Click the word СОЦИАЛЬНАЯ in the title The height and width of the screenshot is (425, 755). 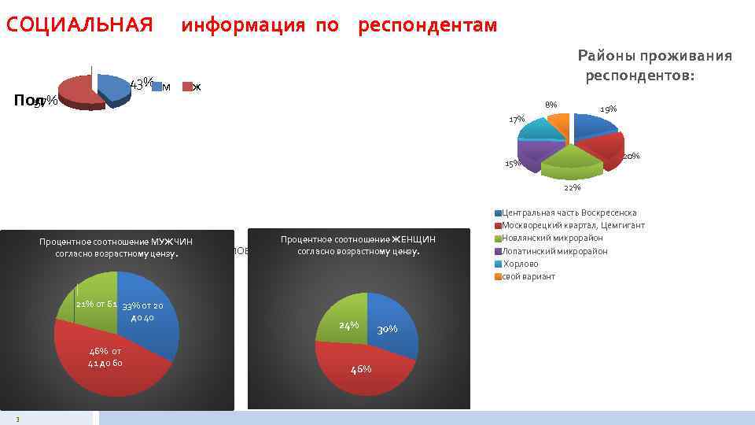coord(79,25)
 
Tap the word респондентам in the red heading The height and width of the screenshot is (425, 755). coord(427,25)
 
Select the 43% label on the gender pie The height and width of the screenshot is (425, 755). coord(141,83)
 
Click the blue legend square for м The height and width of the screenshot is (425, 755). coord(156,87)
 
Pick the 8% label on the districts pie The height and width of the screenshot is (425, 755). coord(551,105)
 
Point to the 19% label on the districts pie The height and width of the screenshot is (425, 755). coord(608,109)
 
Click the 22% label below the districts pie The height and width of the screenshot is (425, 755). coord(573,187)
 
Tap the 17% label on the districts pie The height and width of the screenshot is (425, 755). coord(517,120)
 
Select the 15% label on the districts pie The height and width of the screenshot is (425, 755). coord(512,164)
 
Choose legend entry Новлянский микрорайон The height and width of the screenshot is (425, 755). coord(552,238)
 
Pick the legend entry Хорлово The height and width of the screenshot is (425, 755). coord(521,264)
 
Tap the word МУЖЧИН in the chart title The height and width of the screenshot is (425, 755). coord(172,241)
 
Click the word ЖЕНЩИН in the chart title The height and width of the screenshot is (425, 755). coord(414,239)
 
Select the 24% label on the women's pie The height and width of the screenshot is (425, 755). coord(348,325)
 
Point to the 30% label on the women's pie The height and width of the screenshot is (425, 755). coord(386,330)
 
